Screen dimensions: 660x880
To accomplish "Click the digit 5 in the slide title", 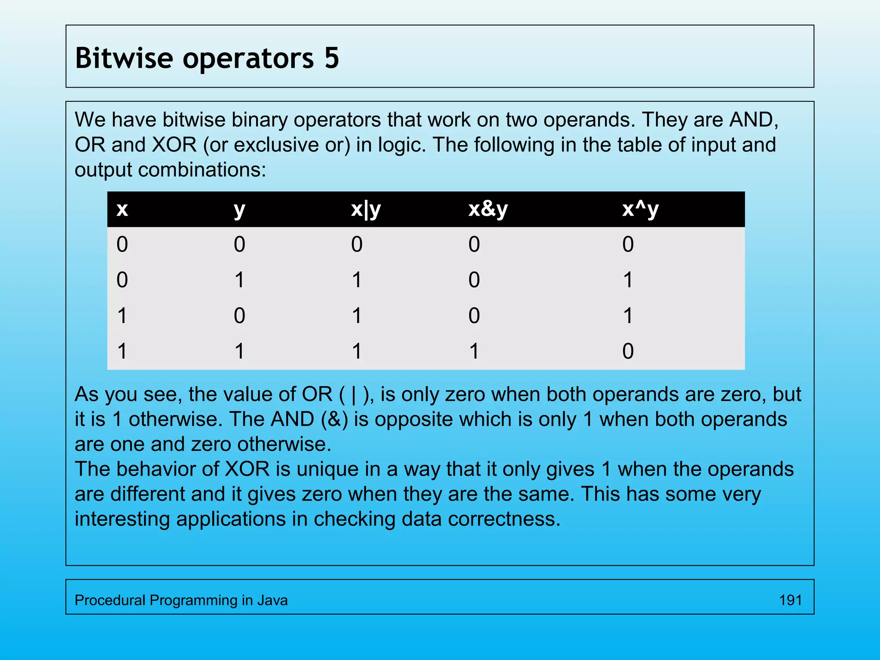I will pos(332,58).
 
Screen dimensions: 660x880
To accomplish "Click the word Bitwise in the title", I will pos(124,58).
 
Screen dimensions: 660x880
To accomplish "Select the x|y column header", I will pos(366,209).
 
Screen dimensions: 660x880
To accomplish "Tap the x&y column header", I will pos(488,209).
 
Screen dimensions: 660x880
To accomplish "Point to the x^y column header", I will pos(640,209).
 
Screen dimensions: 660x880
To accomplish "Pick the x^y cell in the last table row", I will pos(628,351).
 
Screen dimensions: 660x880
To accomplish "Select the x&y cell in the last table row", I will pos(474,351).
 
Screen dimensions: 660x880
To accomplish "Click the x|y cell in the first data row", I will pos(357,244).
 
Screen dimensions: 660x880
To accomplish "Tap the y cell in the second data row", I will pos(239,280).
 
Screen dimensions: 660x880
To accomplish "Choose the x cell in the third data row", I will pos(122,316).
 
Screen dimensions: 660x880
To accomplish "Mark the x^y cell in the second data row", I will pos(628,280).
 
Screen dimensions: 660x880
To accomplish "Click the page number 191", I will pos(790,600).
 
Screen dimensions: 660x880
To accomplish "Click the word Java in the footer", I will pos(272,600).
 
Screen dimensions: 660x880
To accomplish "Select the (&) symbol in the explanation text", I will pos(334,419).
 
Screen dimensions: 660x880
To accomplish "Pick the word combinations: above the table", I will pos(202,170).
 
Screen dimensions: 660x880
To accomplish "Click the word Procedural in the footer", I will pos(110,600).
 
